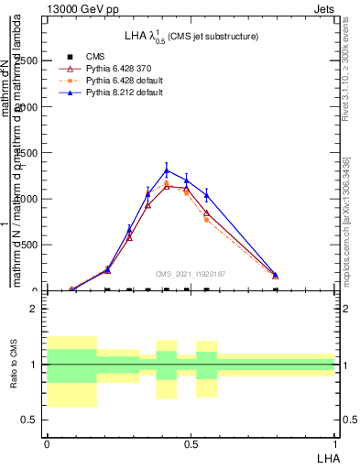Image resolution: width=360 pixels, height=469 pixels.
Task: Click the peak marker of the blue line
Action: pos(166,169)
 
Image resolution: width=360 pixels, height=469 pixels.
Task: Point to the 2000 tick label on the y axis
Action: pos(27,106)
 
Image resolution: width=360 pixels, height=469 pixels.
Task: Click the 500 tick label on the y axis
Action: pos(30,245)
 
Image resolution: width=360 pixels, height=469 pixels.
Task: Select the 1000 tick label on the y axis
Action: pos(27,199)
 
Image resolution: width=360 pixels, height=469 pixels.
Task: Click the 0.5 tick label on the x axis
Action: pos(191,443)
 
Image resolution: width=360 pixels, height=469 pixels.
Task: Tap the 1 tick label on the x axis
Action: pos(334,443)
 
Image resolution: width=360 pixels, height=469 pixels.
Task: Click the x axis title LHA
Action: pos(325,456)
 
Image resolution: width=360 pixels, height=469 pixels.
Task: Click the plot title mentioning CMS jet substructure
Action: pos(191,36)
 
